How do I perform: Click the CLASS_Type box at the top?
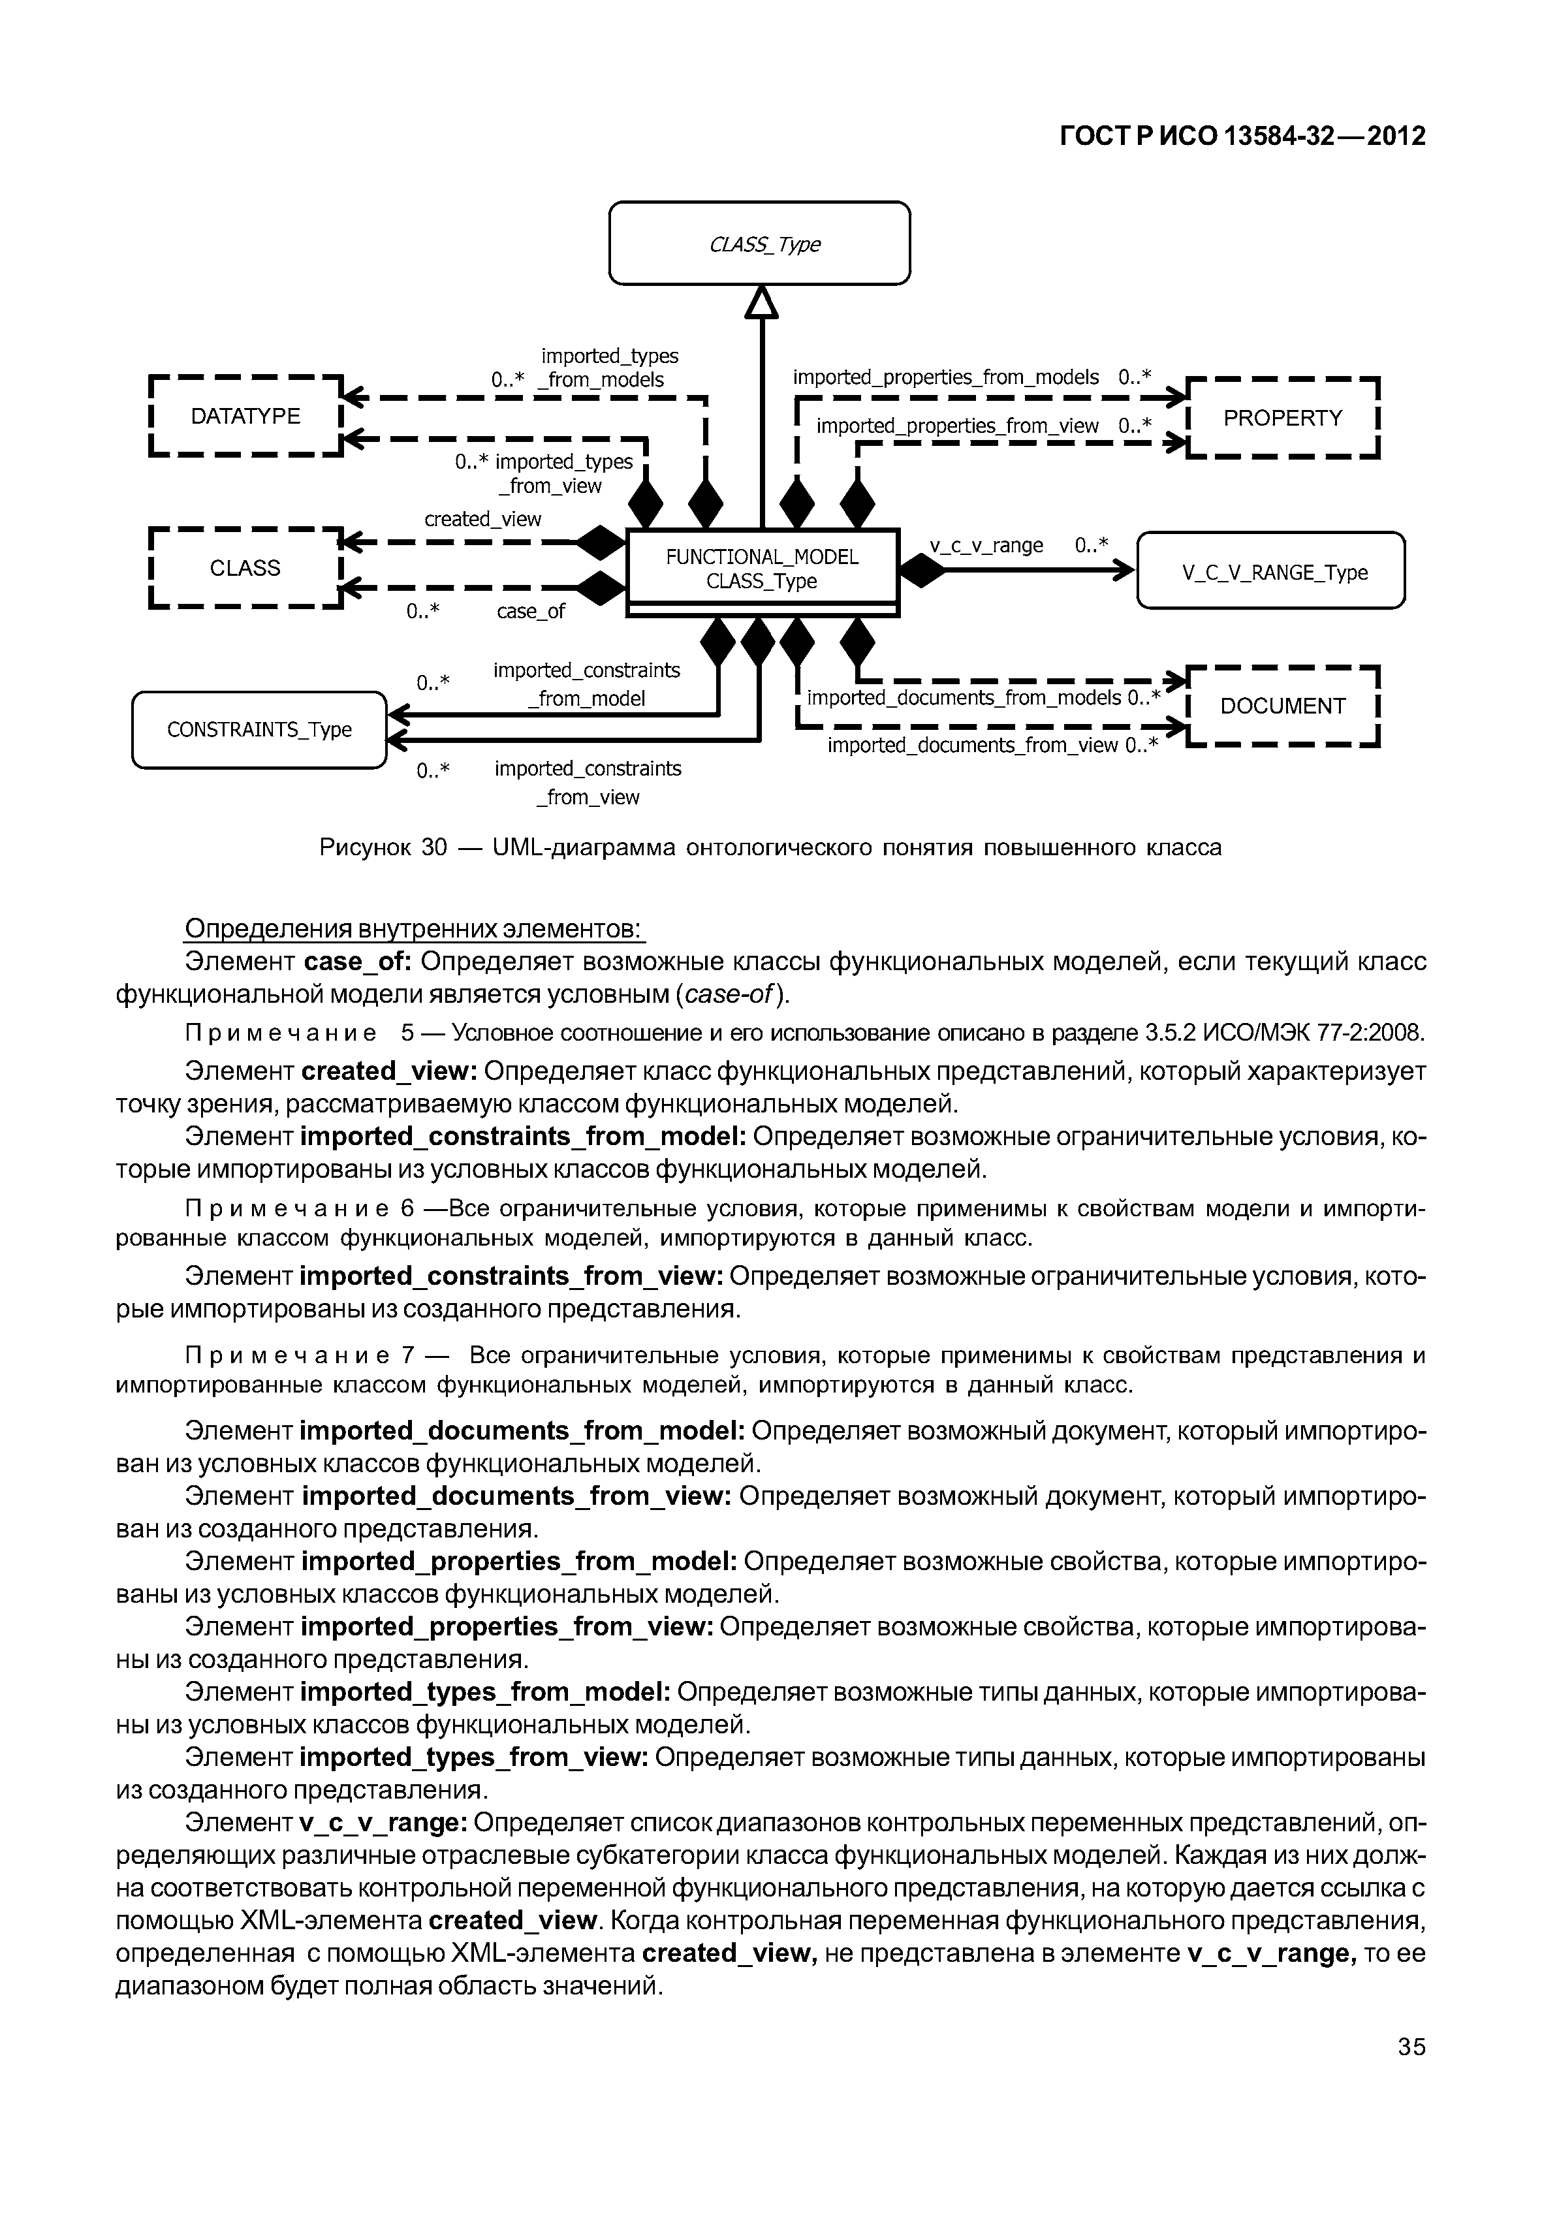[759, 244]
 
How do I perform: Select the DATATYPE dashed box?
[245, 417]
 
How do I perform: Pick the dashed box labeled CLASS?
[245, 568]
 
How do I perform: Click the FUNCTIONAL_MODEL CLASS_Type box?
[763, 569]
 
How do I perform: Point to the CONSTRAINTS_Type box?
[259, 729]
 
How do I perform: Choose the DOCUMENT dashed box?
[1282, 706]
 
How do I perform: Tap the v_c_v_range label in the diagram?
[986, 545]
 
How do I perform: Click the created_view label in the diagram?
[483, 519]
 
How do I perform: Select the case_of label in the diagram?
[530, 612]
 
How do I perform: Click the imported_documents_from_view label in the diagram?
[973, 745]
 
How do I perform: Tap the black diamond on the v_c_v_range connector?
[922, 571]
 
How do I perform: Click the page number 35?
[1411, 2047]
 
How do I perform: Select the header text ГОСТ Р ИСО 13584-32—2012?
[1242, 136]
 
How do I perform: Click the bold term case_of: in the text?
[358, 962]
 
